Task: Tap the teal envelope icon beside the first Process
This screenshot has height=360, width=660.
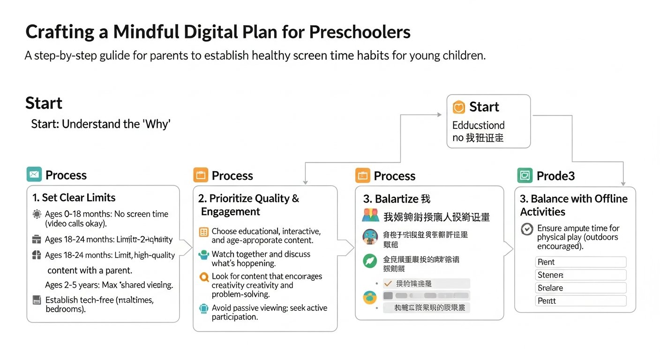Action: click(34, 175)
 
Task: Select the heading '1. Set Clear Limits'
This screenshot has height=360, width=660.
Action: click(74, 197)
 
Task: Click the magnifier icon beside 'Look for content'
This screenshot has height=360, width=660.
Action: click(204, 277)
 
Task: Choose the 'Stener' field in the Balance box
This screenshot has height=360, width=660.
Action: click(580, 275)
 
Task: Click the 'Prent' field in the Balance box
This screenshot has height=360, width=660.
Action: click(580, 262)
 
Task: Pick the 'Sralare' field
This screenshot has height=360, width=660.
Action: click(580, 288)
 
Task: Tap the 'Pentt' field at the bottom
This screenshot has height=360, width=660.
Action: click(580, 301)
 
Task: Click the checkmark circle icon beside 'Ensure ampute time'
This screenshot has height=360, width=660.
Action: click(527, 229)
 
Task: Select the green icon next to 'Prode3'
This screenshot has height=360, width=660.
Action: click(525, 175)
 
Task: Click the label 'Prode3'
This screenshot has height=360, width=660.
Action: click(555, 176)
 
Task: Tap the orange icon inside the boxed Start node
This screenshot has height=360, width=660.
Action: click(459, 107)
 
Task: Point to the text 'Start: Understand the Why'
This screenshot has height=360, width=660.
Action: click(101, 124)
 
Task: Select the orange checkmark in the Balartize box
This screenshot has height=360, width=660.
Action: click(388, 284)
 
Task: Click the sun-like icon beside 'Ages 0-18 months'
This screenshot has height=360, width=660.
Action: click(37, 215)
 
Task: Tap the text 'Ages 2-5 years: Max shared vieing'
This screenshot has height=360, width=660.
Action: click(109, 285)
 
